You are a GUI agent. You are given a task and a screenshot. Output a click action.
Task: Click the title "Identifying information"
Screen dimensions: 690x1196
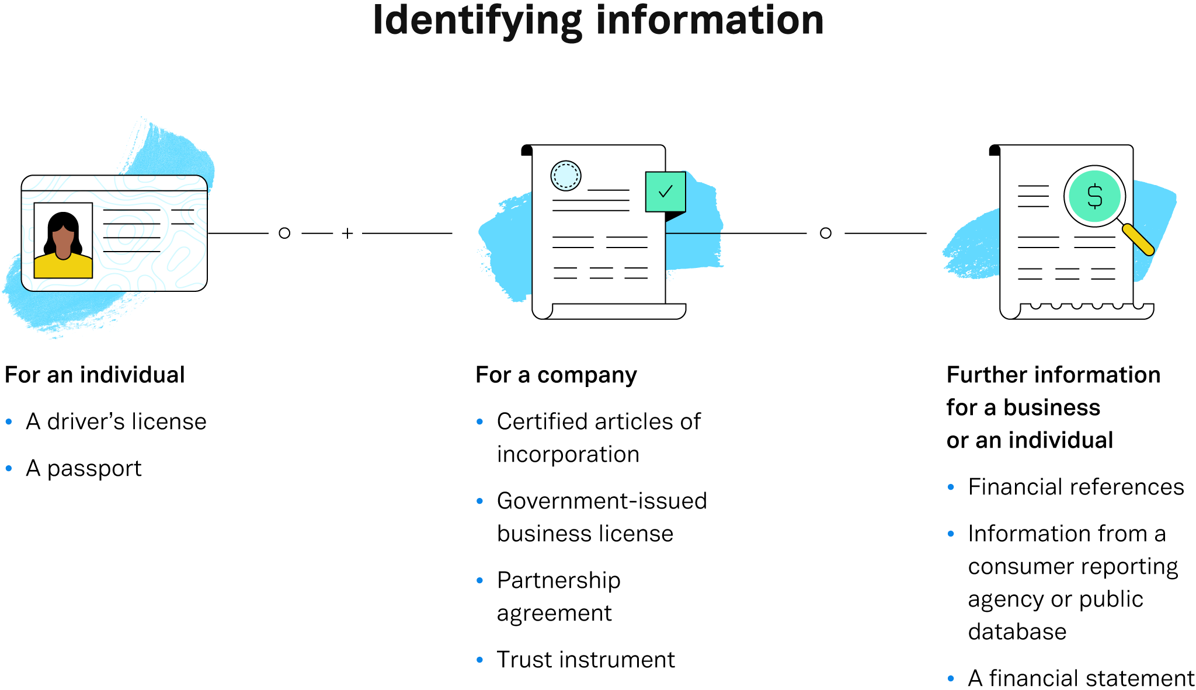598,21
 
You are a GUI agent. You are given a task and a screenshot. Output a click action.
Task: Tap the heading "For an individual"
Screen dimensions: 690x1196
95,375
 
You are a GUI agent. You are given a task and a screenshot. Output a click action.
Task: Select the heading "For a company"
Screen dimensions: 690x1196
556,375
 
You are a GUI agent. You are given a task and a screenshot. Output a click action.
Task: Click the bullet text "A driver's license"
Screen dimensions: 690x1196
116,421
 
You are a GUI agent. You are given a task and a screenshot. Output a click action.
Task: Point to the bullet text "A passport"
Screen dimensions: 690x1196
84,468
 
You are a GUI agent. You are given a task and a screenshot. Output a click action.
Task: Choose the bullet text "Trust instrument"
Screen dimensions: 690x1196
586,660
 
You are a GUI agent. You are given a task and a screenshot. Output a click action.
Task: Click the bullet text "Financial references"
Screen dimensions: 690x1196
1076,487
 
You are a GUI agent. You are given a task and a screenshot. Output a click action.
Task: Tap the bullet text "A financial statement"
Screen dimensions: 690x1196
1081,678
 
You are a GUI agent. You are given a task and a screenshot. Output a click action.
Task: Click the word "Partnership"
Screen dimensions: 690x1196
558,580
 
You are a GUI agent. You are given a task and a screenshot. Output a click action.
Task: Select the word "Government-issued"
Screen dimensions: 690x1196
602,501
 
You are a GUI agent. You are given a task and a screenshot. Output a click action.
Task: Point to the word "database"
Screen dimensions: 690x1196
1017,632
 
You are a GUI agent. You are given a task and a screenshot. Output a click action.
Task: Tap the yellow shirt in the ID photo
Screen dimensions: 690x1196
63,267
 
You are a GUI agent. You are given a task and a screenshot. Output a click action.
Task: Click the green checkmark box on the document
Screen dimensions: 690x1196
665,191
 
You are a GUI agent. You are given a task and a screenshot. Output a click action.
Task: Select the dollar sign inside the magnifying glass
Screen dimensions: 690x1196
1095,196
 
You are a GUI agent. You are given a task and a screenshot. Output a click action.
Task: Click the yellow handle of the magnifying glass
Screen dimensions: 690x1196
1138,239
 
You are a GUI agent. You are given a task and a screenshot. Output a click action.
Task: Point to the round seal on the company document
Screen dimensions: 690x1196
565,176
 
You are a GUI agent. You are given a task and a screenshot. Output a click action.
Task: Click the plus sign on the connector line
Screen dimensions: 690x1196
347,234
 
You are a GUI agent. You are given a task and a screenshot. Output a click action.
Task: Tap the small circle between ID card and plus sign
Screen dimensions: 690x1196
284,234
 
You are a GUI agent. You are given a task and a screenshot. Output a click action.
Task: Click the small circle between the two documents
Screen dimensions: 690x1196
825,234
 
